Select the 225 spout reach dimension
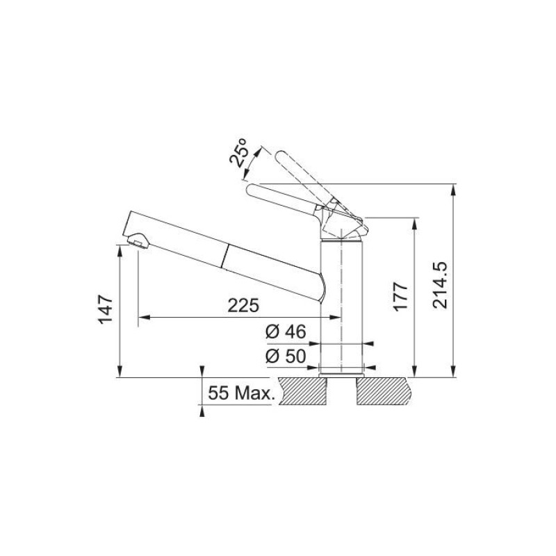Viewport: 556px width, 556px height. pyautogui.click(x=243, y=305)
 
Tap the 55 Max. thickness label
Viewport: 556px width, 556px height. pyautogui.click(x=239, y=394)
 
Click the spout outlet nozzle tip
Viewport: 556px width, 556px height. pyautogui.click(x=138, y=242)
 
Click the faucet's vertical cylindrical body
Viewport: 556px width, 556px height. pyautogui.click(x=341, y=299)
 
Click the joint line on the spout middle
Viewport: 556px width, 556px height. pyautogui.click(x=224, y=256)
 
